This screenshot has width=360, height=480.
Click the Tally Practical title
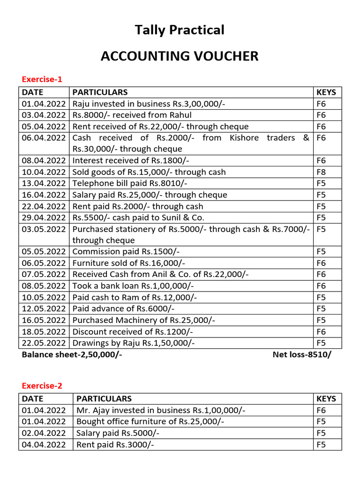click(x=180, y=30)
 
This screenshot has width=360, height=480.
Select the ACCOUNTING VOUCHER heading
click(x=180, y=56)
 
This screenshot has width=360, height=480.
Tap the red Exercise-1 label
click(x=42, y=79)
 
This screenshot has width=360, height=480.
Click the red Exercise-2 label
click(x=42, y=386)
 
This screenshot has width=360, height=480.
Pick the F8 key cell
click(x=321, y=172)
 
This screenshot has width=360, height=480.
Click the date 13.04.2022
click(x=44, y=183)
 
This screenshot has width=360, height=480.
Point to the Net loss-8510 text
click(x=301, y=355)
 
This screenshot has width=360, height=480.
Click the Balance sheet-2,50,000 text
click(x=72, y=355)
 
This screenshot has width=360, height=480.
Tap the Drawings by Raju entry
click(x=134, y=343)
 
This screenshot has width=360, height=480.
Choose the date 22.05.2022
click(x=44, y=343)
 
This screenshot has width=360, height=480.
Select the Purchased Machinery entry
click(x=144, y=320)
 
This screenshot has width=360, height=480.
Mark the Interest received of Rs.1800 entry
click(x=131, y=160)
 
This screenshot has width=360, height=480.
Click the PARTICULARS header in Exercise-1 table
click(x=100, y=92)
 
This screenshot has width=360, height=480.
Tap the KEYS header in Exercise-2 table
click(x=326, y=399)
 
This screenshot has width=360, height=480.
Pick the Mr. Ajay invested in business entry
click(x=161, y=410)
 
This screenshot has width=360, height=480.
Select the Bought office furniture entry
click(x=150, y=422)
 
